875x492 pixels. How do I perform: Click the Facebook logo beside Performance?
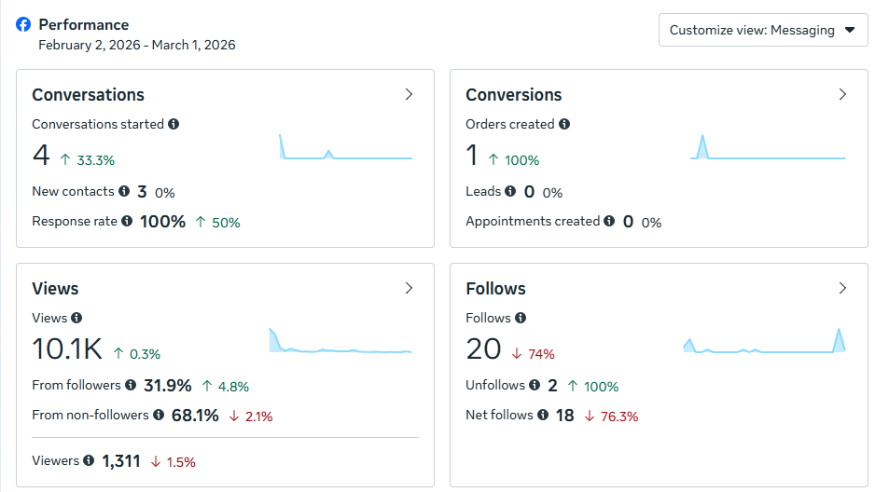coord(23,25)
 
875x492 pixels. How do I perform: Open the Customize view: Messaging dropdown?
coord(762,30)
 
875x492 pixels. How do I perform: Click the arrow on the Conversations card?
coord(409,94)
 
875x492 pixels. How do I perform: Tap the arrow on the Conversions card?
coord(842,94)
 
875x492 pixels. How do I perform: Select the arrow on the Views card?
coord(409,288)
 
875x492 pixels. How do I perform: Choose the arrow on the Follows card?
coord(842,288)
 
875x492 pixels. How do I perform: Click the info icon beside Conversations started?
coord(174,124)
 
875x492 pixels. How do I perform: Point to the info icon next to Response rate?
coord(127,221)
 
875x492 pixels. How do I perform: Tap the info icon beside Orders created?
coord(564,124)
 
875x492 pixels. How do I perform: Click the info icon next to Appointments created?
coord(609,221)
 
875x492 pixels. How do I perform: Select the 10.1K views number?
coord(66,349)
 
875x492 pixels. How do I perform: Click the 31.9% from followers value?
coord(167,385)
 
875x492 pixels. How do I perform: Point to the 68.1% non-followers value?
coord(195,415)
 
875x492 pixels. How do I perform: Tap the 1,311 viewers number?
coord(121,460)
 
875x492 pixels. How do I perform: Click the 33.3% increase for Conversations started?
coord(88,160)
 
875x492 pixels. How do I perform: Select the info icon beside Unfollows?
coord(534,385)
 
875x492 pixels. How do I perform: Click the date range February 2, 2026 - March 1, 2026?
coord(137,45)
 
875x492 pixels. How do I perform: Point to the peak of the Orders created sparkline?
coord(702,137)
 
